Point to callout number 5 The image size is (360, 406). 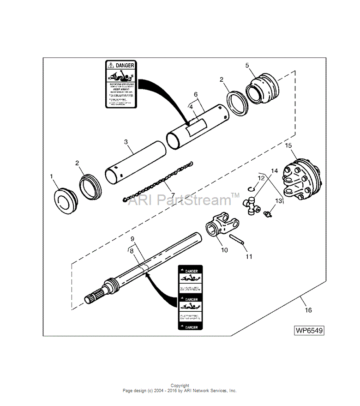247,66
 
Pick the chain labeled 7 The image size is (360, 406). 159,181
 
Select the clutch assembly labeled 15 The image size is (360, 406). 300,180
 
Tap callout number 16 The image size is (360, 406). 308,310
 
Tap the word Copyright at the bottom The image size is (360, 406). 180,385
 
